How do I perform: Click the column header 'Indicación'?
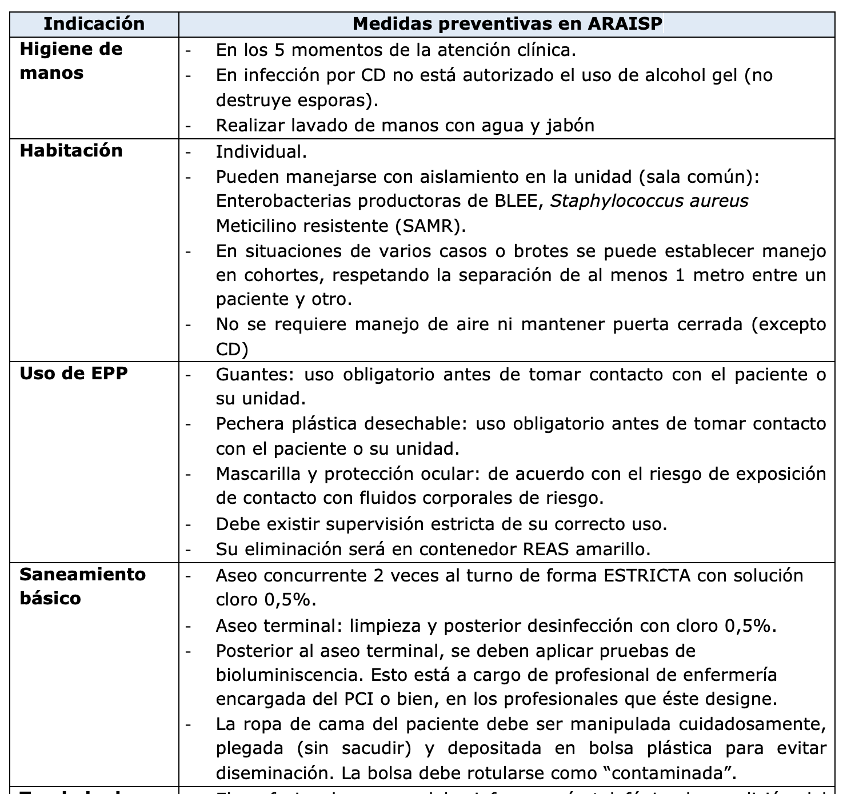tap(94, 23)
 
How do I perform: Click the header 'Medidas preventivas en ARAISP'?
tap(508, 23)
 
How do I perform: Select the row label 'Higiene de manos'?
tap(71, 61)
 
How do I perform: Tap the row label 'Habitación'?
tap(71, 150)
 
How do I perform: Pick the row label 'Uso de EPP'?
tap(74, 373)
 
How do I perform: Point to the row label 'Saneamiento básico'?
tap(82, 586)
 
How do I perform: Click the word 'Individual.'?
tap(261, 151)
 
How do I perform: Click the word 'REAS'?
tap(546, 549)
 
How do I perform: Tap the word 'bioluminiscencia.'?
tap(289, 675)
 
